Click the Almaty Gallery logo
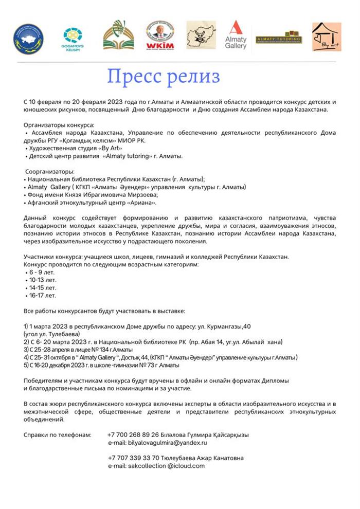pos(236,35)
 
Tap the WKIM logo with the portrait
pos(160,35)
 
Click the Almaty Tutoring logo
pos(279,38)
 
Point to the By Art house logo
pos(326,36)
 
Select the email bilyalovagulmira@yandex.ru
pos(157,442)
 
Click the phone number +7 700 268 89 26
pos(133,434)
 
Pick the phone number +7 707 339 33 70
pos(133,458)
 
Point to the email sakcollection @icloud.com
pos(156,466)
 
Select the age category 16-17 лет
pos(43,295)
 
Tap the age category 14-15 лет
pos(43,287)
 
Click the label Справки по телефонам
pos(57,434)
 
